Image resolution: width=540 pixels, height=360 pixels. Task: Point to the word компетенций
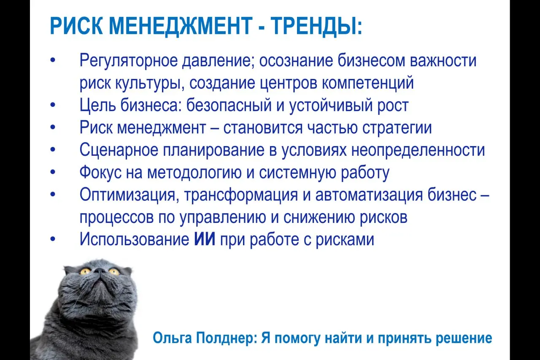pos(368,83)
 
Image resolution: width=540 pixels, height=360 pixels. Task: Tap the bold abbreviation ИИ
pos(205,239)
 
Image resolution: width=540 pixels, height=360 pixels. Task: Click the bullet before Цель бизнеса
pos(53,106)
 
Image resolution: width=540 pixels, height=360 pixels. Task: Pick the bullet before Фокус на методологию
pos(53,173)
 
